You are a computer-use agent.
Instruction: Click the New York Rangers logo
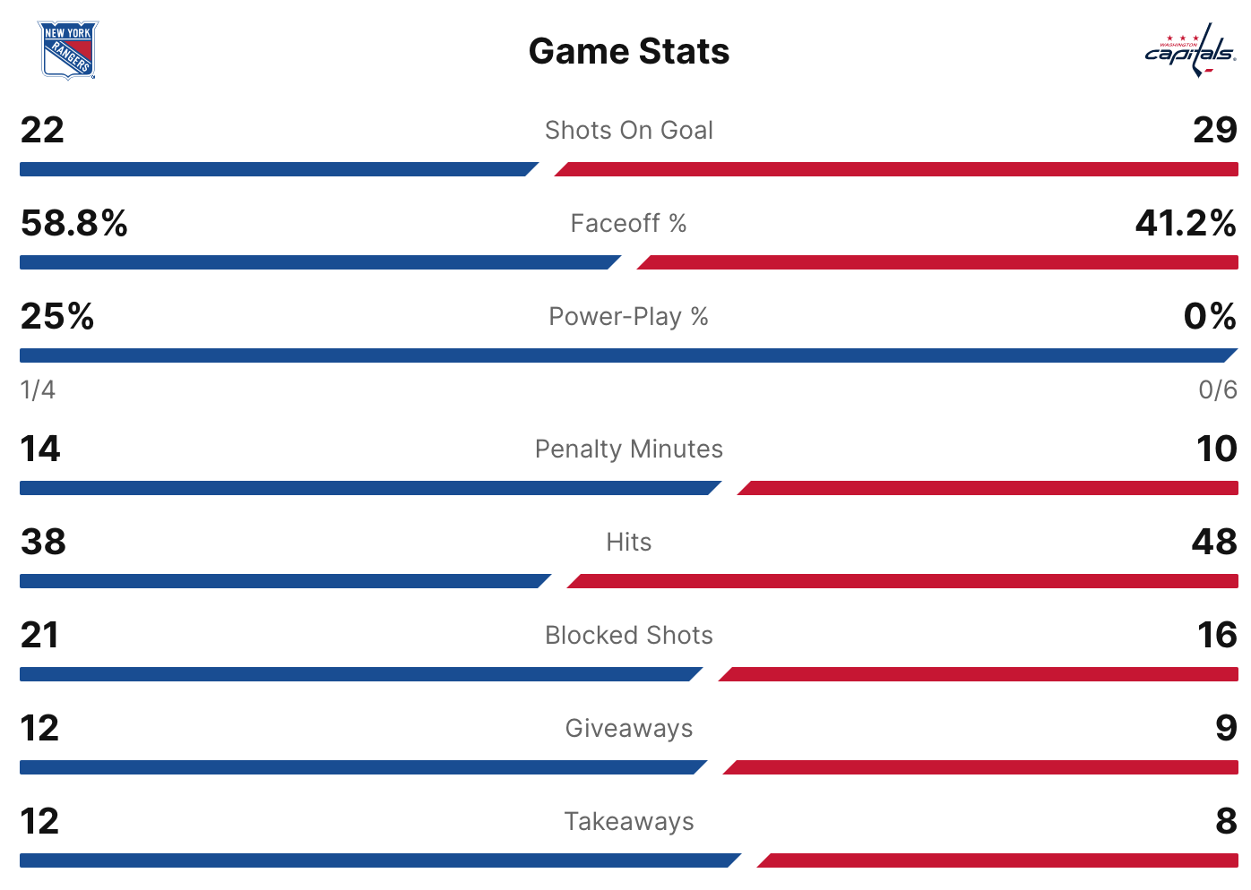pyautogui.click(x=67, y=50)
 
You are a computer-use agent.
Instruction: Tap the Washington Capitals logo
pyautogui.click(x=1190, y=51)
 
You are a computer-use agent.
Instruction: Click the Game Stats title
pyautogui.click(x=629, y=51)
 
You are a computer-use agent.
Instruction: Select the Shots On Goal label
pyautogui.click(x=629, y=131)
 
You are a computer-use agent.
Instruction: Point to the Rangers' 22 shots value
pyautogui.click(x=42, y=131)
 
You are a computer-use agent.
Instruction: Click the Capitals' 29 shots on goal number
pyautogui.click(x=1214, y=131)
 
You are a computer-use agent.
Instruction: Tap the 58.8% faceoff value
pyautogui.click(x=74, y=223)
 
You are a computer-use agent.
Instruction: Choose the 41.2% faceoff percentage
pyautogui.click(x=1186, y=223)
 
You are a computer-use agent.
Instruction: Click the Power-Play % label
pyautogui.click(x=629, y=317)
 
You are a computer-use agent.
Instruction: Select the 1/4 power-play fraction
pyautogui.click(x=38, y=390)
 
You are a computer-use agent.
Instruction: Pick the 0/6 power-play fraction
pyautogui.click(x=1218, y=390)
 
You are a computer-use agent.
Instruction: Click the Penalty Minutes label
pyautogui.click(x=629, y=449)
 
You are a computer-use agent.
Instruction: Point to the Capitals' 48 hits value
pyautogui.click(x=1214, y=542)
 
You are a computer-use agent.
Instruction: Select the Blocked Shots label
pyautogui.click(x=629, y=636)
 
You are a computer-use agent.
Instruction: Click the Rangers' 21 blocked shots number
pyautogui.click(x=39, y=635)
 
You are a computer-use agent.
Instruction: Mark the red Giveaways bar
pyautogui.click(x=981, y=767)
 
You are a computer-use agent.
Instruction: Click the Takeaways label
pyautogui.click(x=629, y=822)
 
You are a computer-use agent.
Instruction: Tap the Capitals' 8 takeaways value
pyautogui.click(x=1226, y=821)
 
